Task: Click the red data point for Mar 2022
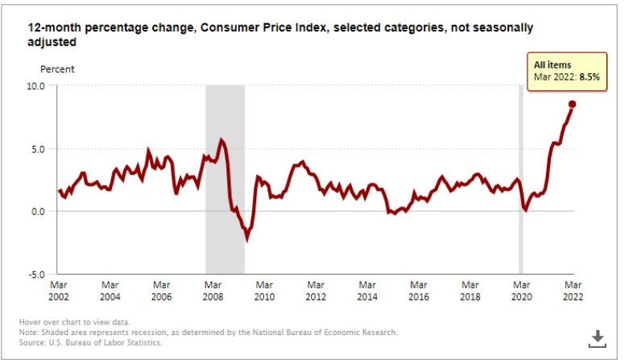click(x=572, y=104)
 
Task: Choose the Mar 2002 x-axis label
click(x=58, y=290)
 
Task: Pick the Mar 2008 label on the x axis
click(x=213, y=290)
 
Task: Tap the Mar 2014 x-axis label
click(x=366, y=290)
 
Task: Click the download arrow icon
click(x=598, y=337)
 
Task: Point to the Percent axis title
click(x=57, y=69)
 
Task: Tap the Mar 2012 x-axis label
click(x=315, y=290)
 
